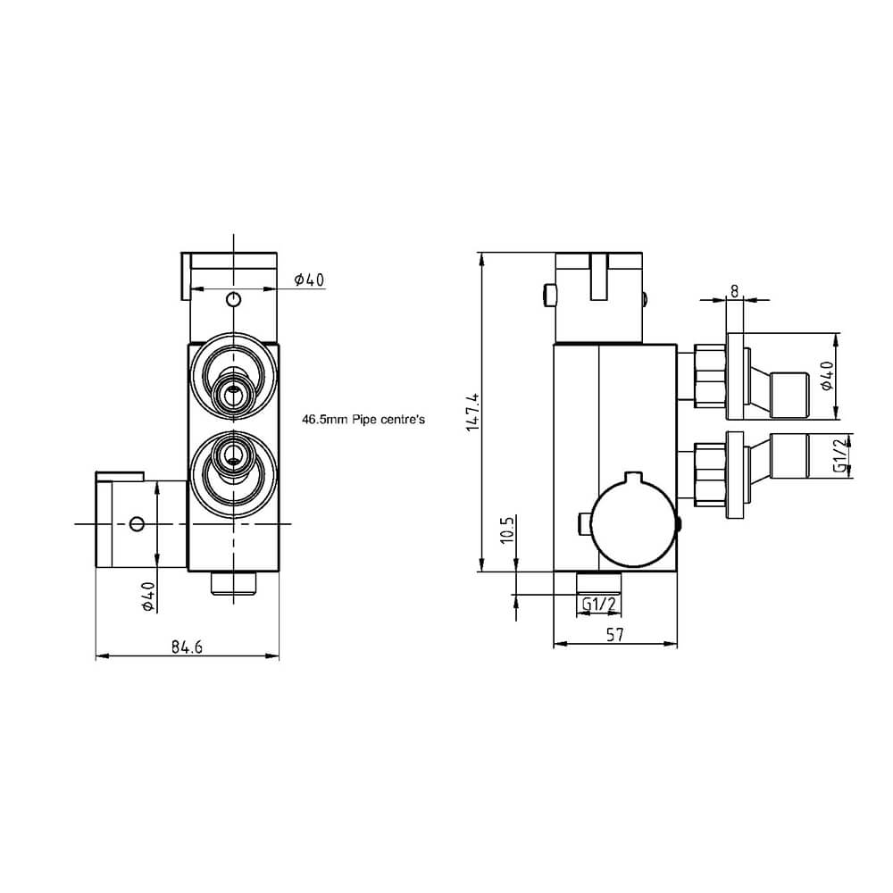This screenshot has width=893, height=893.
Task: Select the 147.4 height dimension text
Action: (x=474, y=412)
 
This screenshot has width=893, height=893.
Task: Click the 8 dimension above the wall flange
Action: (x=734, y=290)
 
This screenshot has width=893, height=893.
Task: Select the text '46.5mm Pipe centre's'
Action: (x=362, y=417)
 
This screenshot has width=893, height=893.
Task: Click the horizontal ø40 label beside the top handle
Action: (x=309, y=280)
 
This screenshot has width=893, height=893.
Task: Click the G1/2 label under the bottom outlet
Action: (x=598, y=605)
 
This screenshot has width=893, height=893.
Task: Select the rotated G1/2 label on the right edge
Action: (x=840, y=455)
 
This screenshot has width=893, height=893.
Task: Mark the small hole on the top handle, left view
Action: (x=233, y=299)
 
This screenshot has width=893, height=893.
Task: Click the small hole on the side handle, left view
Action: (x=137, y=523)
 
